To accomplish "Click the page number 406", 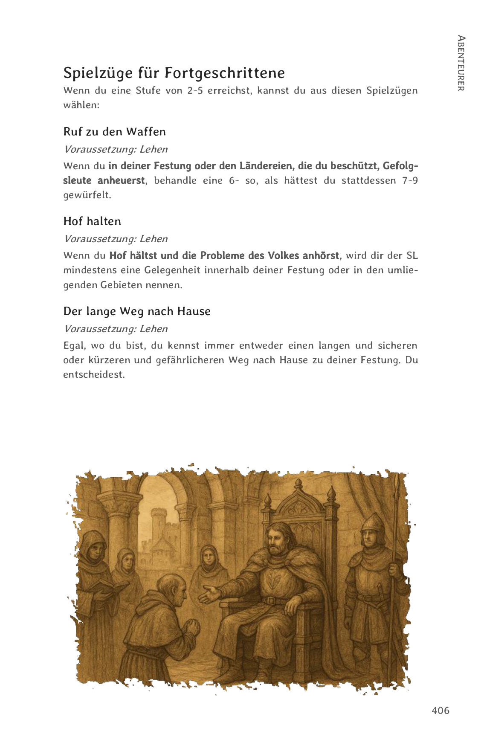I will pos(440,710).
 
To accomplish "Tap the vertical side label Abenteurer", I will pos(461,63).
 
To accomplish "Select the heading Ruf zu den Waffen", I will pos(114,132).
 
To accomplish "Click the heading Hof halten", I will pos(92,221).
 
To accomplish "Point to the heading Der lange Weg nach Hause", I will pos(137,311).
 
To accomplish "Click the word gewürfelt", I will pos(87,195).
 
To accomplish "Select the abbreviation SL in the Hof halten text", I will pos(412,256).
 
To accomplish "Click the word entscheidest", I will pos(94,375).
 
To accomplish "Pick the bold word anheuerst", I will pos(121,181).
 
